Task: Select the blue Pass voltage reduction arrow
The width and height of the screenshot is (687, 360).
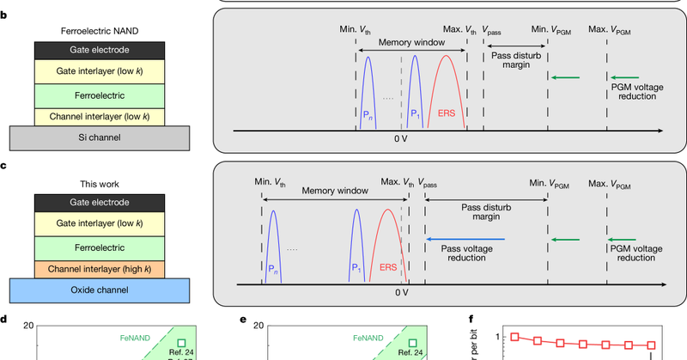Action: (465, 240)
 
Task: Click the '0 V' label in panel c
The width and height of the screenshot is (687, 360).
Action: (401, 291)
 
